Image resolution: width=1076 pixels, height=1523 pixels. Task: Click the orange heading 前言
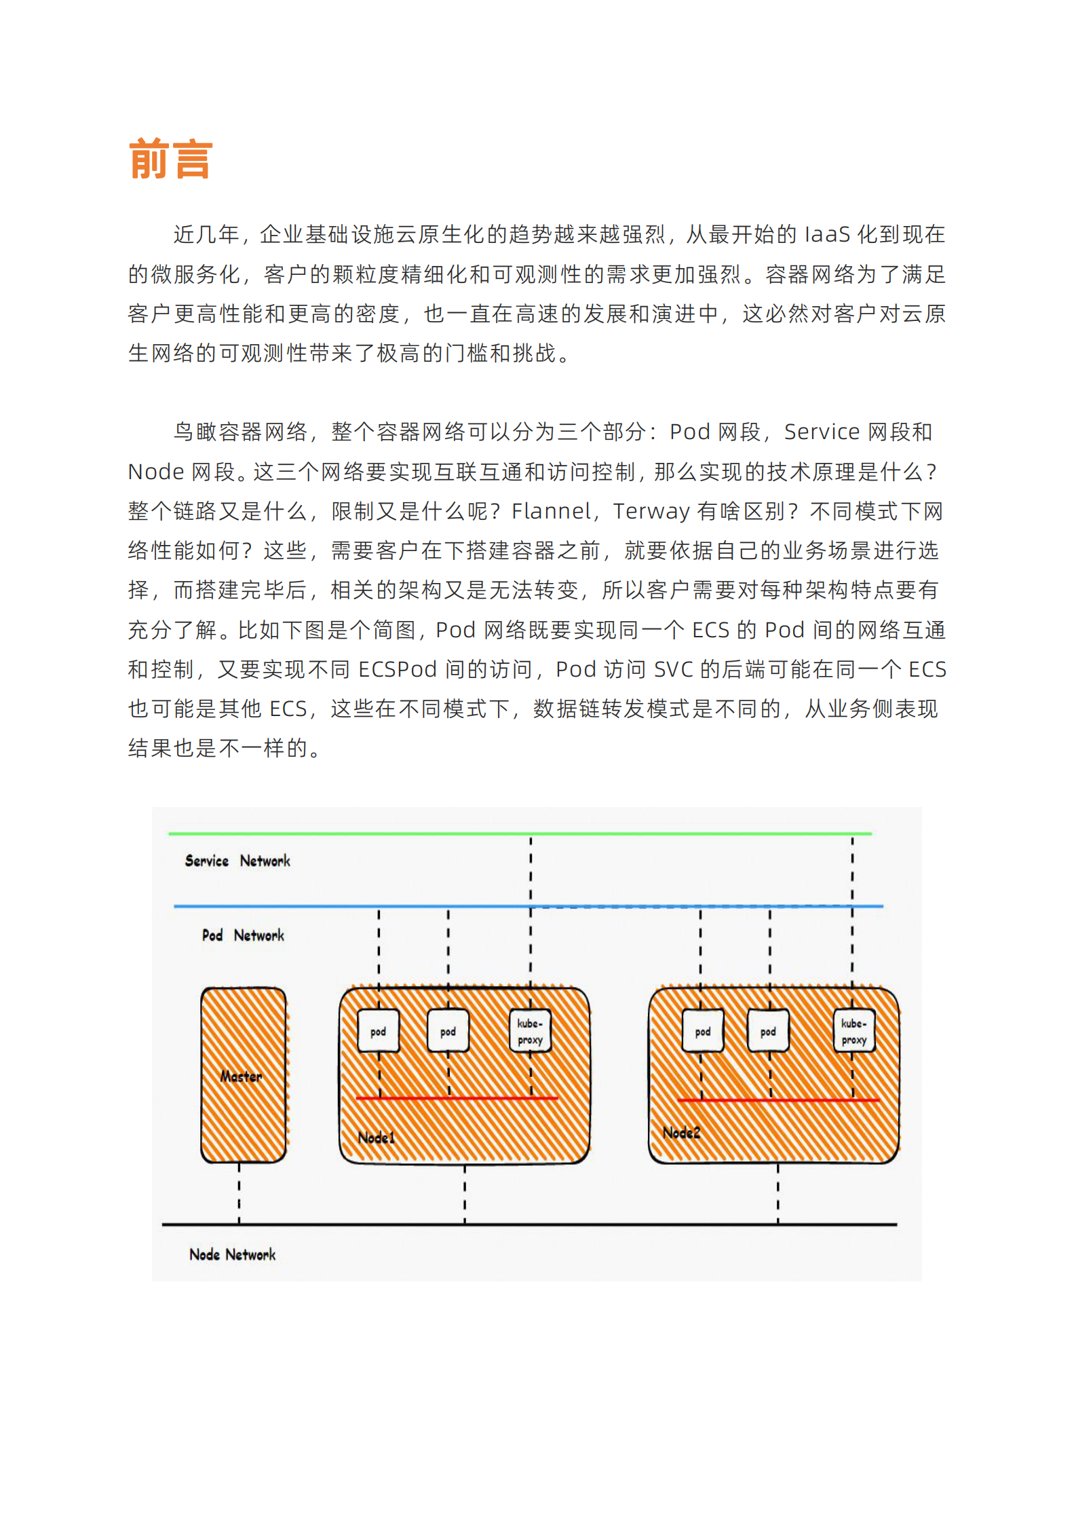click(x=170, y=159)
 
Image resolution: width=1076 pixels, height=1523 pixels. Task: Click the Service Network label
click(x=237, y=861)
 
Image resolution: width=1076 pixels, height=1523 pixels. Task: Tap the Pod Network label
click(x=243, y=935)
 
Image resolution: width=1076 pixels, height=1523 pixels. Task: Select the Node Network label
click(x=232, y=1254)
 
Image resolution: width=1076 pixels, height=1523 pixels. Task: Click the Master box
click(x=243, y=1075)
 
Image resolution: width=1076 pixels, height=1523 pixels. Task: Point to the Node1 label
click(x=377, y=1137)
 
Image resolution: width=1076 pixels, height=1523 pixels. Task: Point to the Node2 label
click(x=681, y=1132)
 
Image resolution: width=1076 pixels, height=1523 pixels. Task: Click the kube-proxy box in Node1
click(x=530, y=1031)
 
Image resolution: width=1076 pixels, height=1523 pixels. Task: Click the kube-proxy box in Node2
click(x=853, y=1031)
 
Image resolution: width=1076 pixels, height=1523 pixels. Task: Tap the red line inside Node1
click(x=456, y=1098)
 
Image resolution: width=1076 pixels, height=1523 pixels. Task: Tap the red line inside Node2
click(x=777, y=1099)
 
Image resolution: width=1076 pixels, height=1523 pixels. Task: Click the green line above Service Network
click(x=520, y=833)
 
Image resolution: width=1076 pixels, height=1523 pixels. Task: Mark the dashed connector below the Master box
click(x=239, y=1192)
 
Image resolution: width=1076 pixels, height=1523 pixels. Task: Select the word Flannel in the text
click(x=551, y=511)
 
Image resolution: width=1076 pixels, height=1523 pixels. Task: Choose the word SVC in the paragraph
click(x=673, y=670)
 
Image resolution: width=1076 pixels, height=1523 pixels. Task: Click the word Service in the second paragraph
click(x=822, y=432)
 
